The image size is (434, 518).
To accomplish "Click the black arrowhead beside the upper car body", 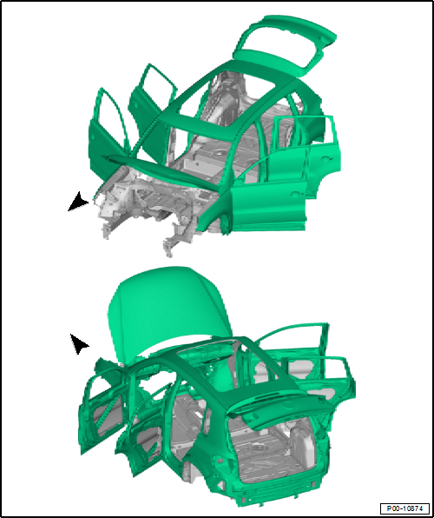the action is (78, 202).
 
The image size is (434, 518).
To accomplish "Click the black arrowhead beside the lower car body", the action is (79, 343).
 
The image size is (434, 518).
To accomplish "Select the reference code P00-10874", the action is (404, 508).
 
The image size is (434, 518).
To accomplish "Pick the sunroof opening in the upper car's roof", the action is (227, 99).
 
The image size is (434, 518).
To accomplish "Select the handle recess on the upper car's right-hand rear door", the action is (325, 159).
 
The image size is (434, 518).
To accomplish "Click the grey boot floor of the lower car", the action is (274, 459).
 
